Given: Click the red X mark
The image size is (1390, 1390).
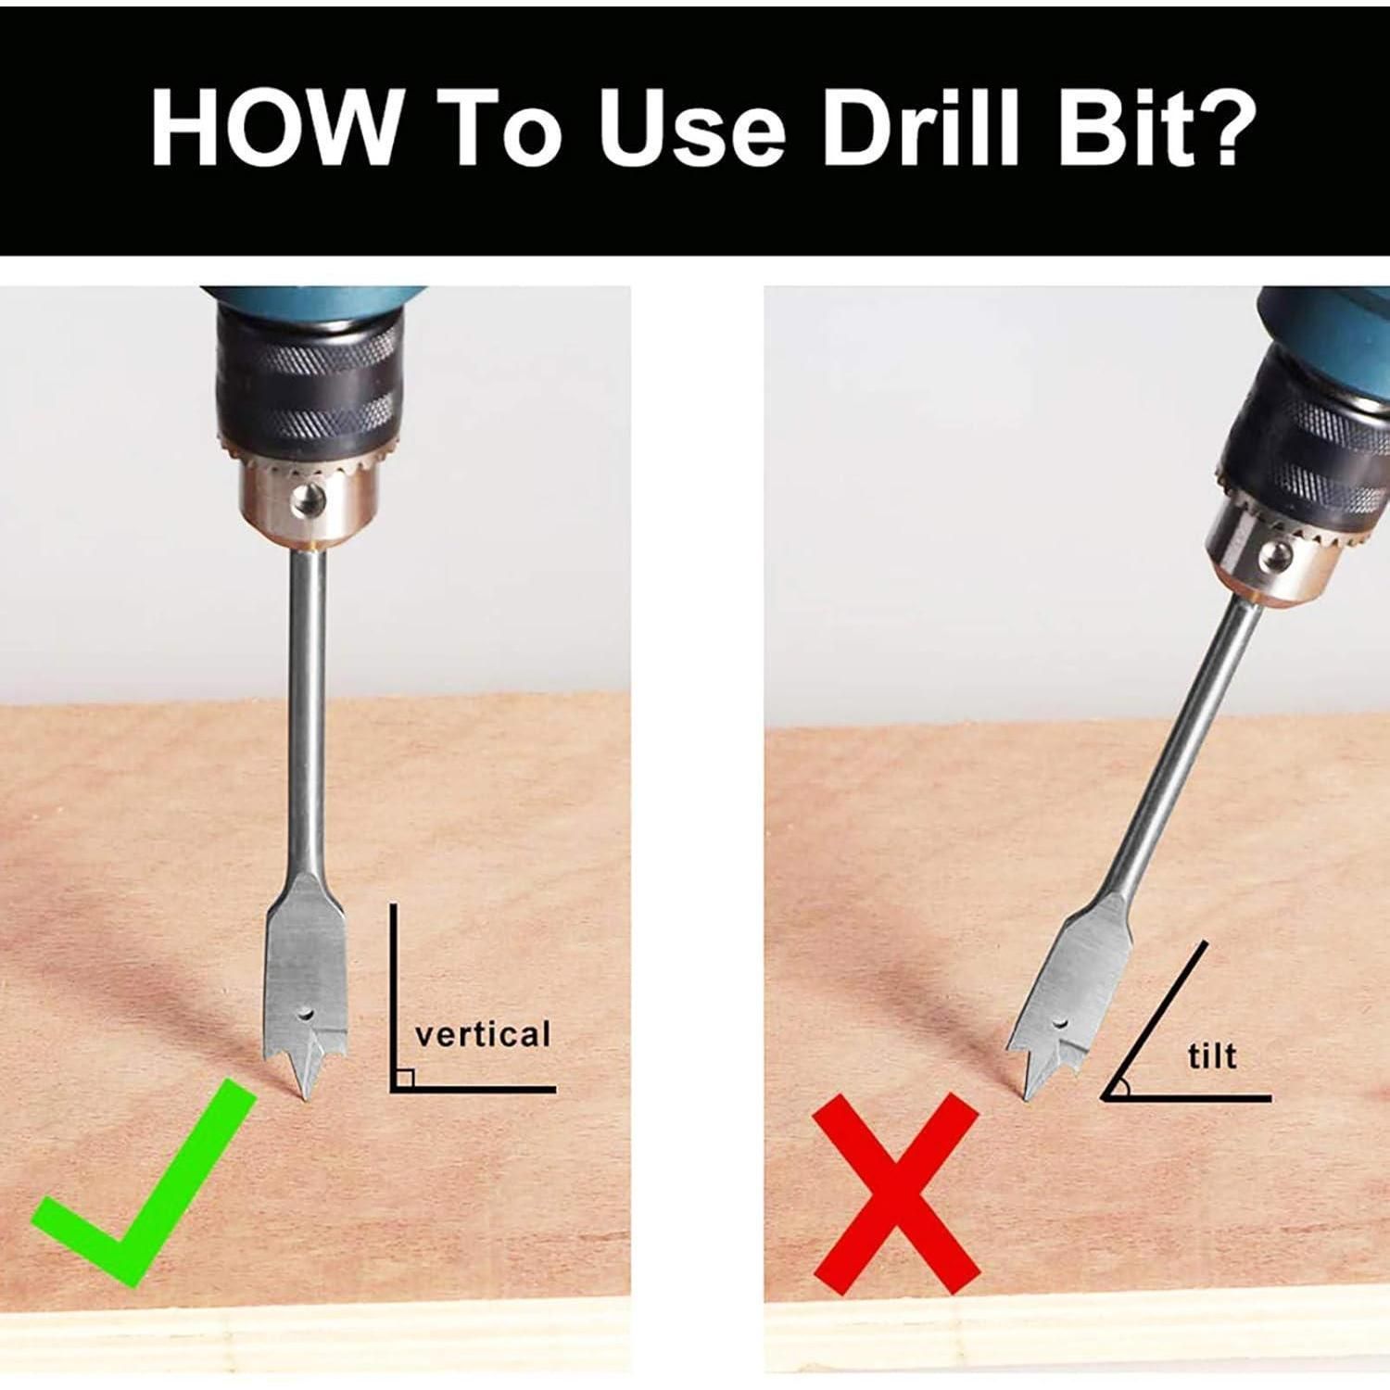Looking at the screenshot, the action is (896, 1195).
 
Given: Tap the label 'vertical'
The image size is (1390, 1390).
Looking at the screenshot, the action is (482, 1033).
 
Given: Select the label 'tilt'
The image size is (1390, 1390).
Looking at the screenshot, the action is (1212, 1055).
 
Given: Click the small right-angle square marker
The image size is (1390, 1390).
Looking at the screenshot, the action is (402, 1078).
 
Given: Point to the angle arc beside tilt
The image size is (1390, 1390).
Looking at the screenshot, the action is (1125, 1088).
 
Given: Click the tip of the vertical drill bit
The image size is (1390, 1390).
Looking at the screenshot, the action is (303, 1100).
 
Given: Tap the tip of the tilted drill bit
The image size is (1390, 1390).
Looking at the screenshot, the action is (1025, 1101).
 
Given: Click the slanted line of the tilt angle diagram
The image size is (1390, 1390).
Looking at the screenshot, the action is (1155, 1020).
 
